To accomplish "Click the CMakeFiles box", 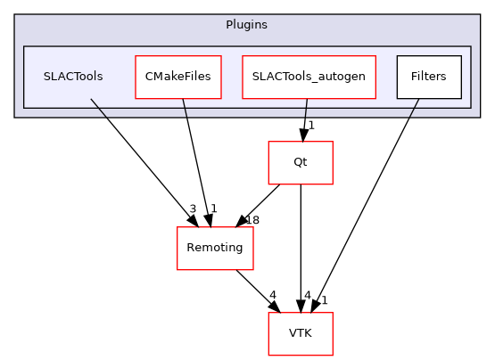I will coord(178,77).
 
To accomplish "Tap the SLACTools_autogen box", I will coord(309,77).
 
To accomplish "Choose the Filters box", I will coord(428,77).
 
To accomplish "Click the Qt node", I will coord(301,163).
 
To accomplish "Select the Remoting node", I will coord(215,249).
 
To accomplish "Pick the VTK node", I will coord(301,334).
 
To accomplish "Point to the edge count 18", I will coord(252,219).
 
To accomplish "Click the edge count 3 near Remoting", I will coord(192,209).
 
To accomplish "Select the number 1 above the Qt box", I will coord(311,125).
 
